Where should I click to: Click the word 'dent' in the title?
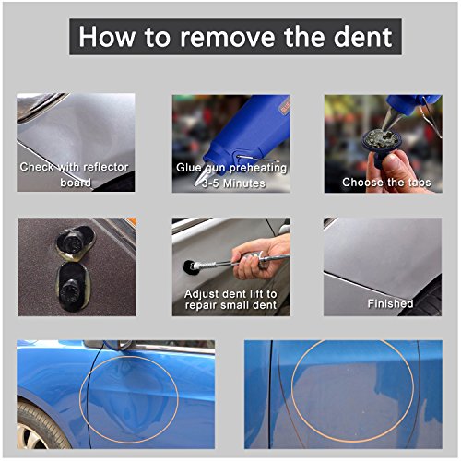pos(358,38)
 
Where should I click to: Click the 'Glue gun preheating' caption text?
pos(231,169)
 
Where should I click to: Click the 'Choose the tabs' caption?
pos(380,182)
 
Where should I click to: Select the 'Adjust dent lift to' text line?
pos(230,292)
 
